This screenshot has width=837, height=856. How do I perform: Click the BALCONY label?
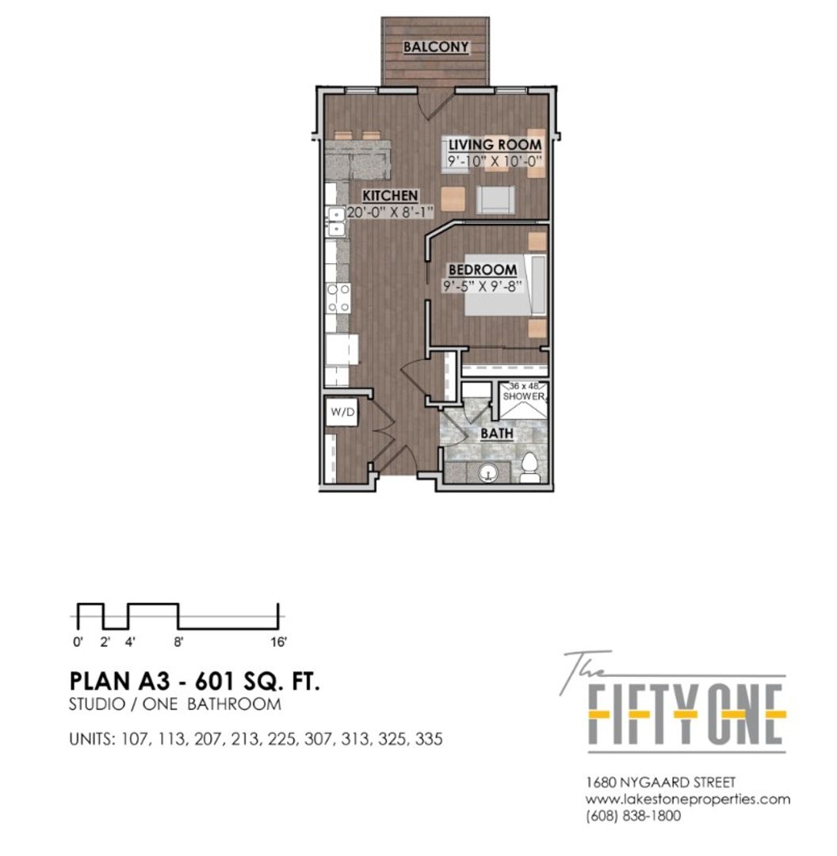coord(436,47)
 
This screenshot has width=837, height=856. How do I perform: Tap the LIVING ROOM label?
coord(495,145)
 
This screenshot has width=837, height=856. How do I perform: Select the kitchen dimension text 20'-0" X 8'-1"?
coord(390,212)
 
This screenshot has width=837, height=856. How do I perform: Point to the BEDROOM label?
coord(483,269)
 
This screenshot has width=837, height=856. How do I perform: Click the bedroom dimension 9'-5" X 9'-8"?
coord(482,286)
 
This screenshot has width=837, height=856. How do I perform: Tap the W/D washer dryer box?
coord(342,412)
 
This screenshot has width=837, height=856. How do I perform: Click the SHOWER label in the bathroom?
coord(524,396)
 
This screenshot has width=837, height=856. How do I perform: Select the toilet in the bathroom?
coord(529,468)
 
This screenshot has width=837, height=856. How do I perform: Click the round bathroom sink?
coord(488,472)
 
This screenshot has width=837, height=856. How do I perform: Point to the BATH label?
coord(497,434)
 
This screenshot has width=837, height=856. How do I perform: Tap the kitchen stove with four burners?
coord(338,298)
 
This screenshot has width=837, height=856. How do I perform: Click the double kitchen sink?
coord(335,220)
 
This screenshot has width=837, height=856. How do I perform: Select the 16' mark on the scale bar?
coord(278,642)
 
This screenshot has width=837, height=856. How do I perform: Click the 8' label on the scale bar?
coord(178,642)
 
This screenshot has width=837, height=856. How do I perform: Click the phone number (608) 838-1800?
coord(633,816)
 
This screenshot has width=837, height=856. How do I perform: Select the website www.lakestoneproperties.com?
coord(688,800)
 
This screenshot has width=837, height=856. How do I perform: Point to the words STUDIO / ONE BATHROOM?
coord(174,705)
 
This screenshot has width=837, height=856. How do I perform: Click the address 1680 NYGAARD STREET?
coord(661,783)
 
